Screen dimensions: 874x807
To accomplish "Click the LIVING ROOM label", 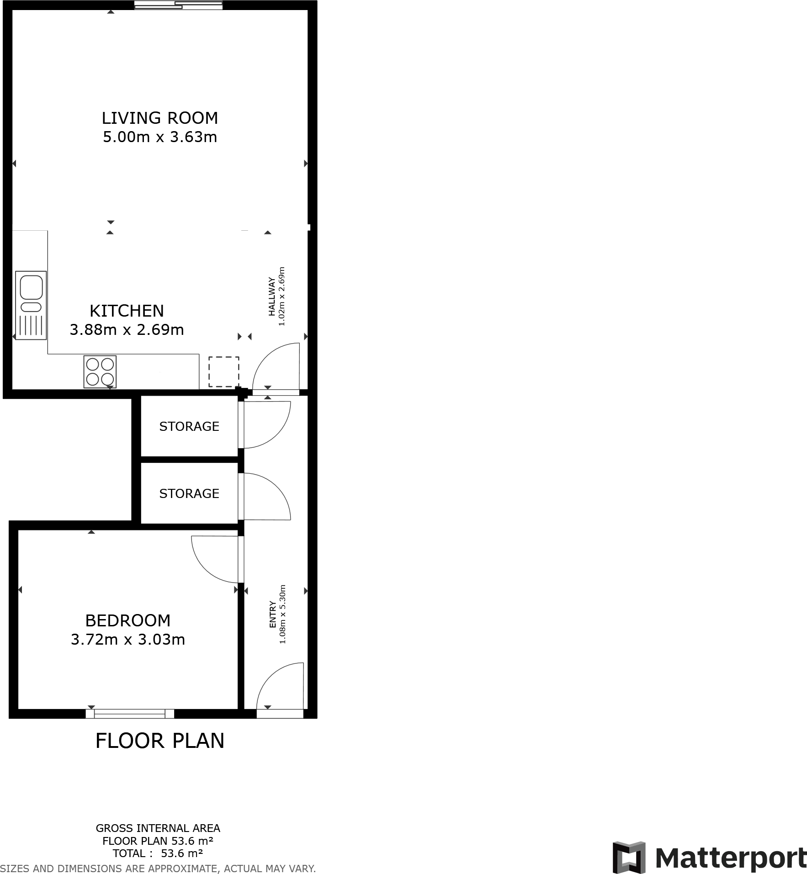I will tap(159, 118).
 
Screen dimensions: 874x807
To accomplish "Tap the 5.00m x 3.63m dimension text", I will tap(159, 137).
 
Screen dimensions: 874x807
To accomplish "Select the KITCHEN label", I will tap(127, 311).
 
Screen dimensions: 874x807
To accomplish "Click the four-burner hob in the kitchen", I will tap(100, 372).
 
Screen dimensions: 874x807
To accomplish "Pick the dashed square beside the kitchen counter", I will tap(224, 371).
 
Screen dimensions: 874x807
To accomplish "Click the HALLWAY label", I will tap(272, 297).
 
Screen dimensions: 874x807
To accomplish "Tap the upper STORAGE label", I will tap(189, 426).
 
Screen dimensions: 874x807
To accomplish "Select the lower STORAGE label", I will tap(189, 493).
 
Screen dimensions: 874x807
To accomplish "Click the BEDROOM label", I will tap(128, 620).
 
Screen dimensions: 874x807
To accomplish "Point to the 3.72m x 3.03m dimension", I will tap(128, 640).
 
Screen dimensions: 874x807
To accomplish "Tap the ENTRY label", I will tap(273, 614).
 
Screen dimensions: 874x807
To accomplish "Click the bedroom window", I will tap(130, 714).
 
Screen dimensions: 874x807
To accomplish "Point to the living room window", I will tap(178, 5).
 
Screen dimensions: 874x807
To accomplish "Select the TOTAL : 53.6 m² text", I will tap(158, 853).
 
